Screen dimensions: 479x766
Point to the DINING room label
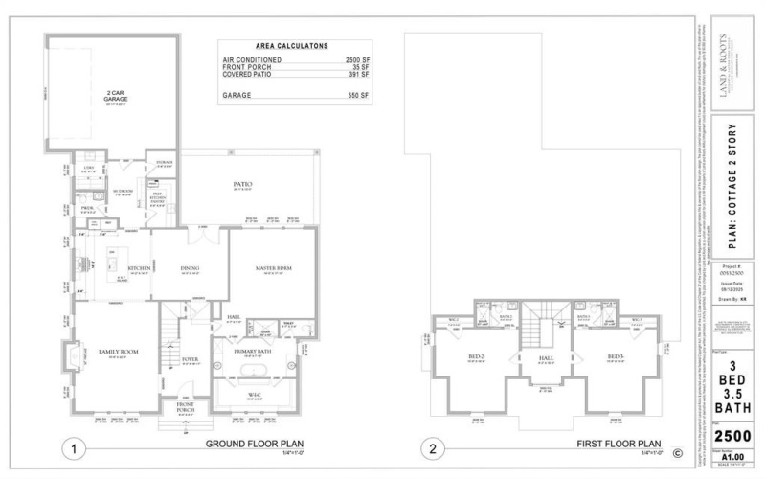point(189,268)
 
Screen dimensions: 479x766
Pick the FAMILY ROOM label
point(118,352)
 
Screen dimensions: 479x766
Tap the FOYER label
point(190,359)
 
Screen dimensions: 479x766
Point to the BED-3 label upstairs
point(615,357)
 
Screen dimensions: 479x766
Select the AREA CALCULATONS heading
point(291,45)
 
